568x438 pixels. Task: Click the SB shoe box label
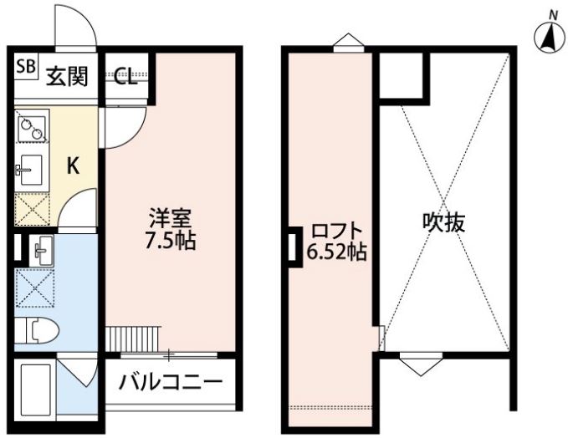(x=26, y=67)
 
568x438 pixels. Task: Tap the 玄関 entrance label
(x=68, y=76)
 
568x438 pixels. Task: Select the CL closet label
(x=125, y=76)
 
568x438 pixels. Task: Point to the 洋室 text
(x=171, y=219)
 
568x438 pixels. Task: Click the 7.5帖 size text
(x=171, y=240)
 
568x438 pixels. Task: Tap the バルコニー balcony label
(x=171, y=381)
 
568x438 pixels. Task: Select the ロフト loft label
(x=337, y=231)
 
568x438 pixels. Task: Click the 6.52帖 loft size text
(x=337, y=252)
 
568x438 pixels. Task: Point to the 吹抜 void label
(x=443, y=222)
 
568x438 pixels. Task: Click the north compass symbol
(x=550, y=36)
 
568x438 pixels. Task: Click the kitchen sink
(x=30, y=170)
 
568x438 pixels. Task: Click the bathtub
(x=35, y=390)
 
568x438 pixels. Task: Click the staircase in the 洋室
(x=134, y=339)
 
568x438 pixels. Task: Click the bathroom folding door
(x=77, y=373)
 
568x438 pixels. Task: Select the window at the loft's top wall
(x=349, y=43)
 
